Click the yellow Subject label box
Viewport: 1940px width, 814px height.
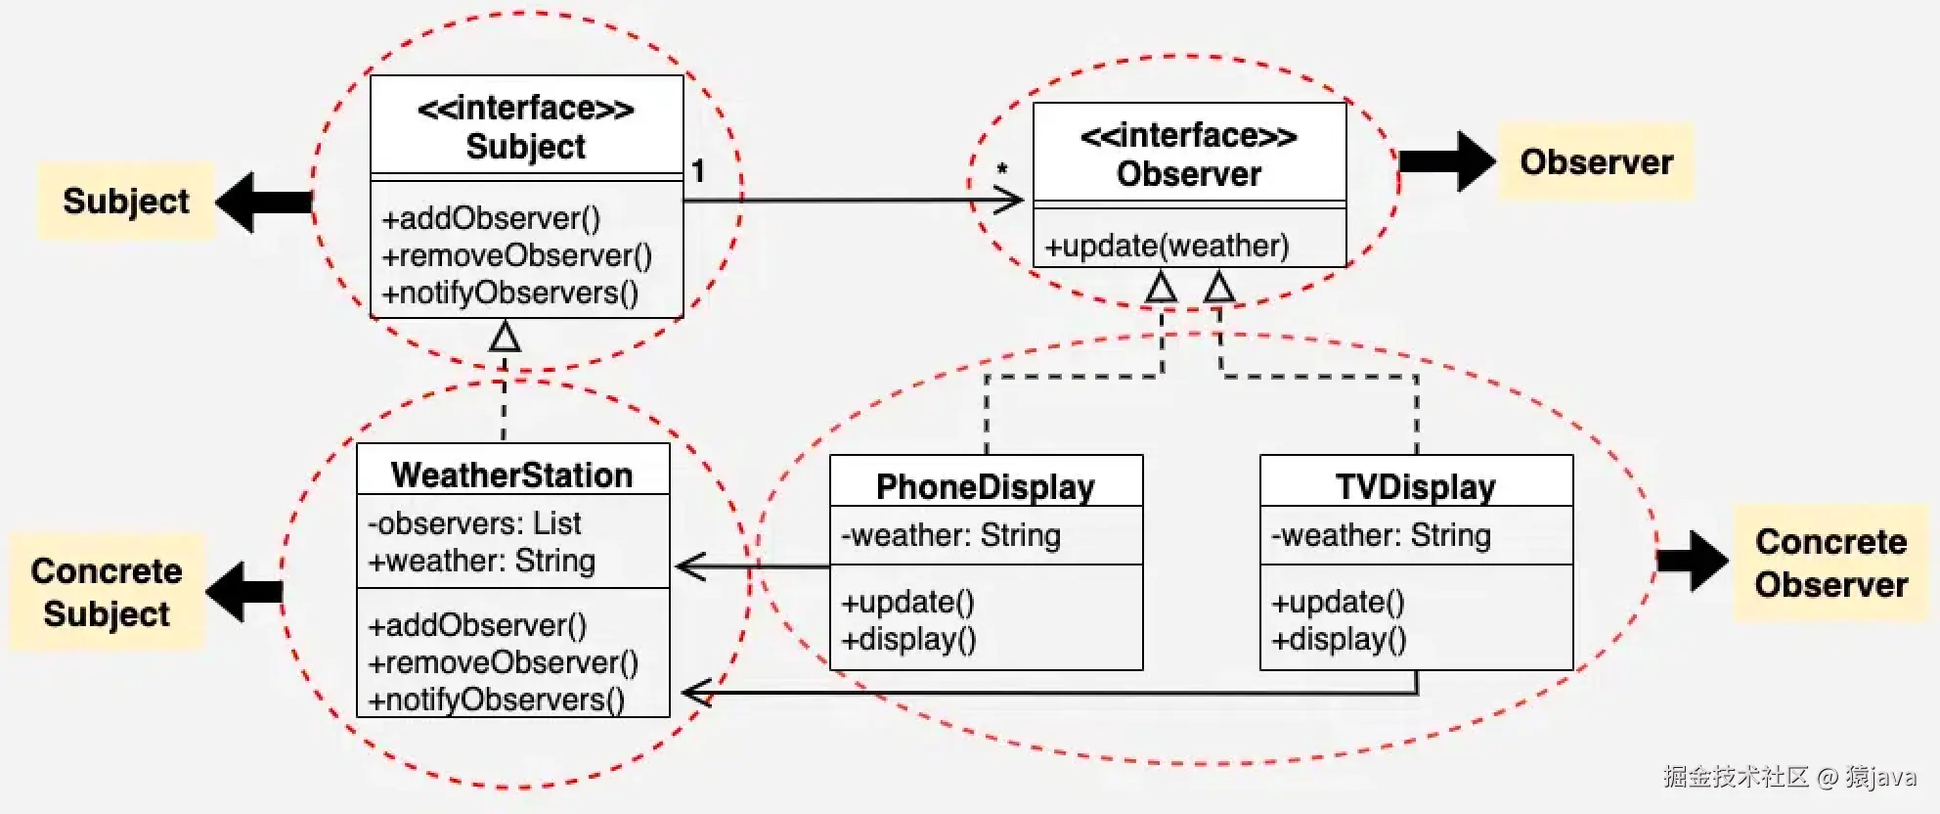click(x=125, y=202)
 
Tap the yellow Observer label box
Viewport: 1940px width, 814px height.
click(x=1596, y=162)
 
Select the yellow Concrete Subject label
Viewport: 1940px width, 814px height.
click(x=107, y=592)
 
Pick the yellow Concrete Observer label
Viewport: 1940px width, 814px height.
click(x=1830, y=563)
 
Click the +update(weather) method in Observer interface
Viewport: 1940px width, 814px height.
click(x=1167, y=246)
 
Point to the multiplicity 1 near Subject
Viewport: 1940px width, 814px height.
click(x=698, y=171)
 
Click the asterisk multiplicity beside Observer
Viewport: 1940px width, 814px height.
click(x=1002, y=170)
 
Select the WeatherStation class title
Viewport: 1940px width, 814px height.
click(x=511, y=475)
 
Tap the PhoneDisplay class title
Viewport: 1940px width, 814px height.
click(x=985, y=486)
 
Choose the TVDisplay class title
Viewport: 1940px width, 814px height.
click(x=1415, y=486)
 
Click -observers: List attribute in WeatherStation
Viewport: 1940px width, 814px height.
click(x=474, y=523)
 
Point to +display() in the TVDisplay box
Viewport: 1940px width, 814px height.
click(x=1339, y=639)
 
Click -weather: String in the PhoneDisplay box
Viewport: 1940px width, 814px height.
click(x=950, y=535)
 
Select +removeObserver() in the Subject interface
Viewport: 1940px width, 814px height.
click(x=516, y=255)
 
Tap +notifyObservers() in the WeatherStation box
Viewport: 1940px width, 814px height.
click(x=496, y=700)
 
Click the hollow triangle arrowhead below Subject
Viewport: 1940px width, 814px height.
click(x=505, y=337)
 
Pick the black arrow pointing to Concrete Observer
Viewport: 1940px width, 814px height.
click(x=1692, y=561)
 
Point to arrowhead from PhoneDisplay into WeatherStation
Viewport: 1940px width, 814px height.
click(x=690, y=566)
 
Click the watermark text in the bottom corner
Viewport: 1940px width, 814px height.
click(x=1788, y=777)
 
